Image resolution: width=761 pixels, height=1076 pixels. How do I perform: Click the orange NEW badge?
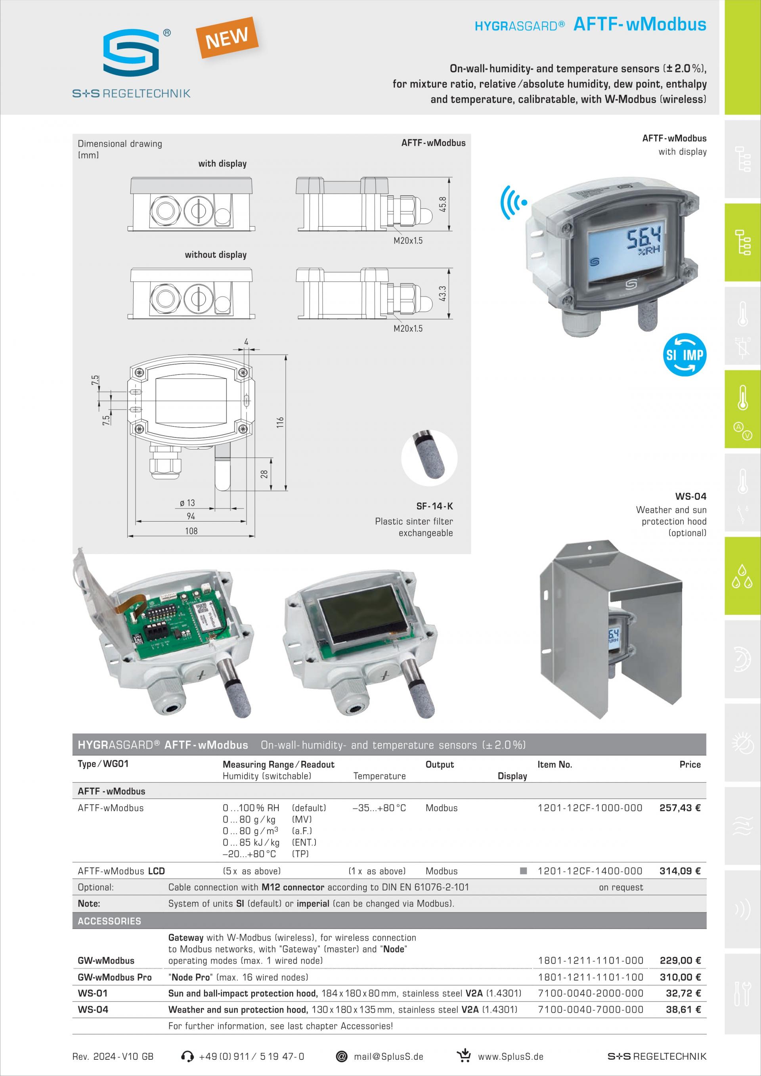227,38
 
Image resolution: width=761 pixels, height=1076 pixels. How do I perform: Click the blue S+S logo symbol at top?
132,52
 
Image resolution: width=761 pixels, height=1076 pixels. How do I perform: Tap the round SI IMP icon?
685,355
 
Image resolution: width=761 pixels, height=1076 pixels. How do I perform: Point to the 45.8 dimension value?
443,204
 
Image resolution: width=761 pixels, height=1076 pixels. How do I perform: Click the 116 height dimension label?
280,422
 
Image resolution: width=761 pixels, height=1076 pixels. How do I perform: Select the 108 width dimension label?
191,531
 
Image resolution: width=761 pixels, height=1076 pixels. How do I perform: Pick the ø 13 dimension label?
187,503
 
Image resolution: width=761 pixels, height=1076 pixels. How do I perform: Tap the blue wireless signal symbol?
514,203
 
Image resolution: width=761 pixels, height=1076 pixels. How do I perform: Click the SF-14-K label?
434,506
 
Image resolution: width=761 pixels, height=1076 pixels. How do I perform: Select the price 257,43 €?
679,808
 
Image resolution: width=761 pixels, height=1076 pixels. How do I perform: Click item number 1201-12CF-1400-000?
589,871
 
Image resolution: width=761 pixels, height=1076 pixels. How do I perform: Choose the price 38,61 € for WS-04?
683,1009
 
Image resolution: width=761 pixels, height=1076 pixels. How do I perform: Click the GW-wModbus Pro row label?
115,977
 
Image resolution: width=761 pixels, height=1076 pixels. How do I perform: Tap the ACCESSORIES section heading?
109,921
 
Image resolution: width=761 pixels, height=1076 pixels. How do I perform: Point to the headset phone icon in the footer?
187,1056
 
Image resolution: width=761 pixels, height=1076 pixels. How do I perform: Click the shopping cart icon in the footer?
464,1056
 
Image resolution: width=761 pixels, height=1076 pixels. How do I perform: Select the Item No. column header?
554,764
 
